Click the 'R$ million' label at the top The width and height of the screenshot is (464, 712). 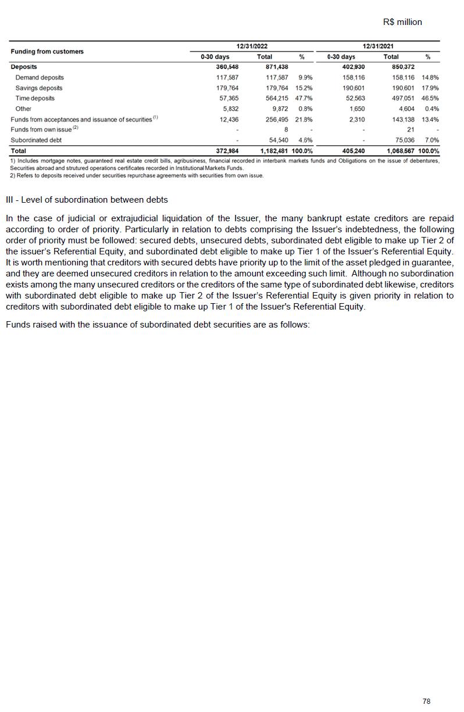402,22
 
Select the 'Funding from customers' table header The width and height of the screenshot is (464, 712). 47,52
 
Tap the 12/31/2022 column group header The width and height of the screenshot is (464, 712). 252,46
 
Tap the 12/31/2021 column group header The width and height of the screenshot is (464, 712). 379,46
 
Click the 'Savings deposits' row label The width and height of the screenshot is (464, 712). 38,88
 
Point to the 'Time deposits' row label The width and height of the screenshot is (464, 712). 35,99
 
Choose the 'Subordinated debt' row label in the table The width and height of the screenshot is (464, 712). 36,141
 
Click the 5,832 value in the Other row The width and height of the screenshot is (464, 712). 230,109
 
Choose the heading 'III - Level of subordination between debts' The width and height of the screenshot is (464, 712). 87,200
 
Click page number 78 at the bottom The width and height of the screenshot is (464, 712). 426,702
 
